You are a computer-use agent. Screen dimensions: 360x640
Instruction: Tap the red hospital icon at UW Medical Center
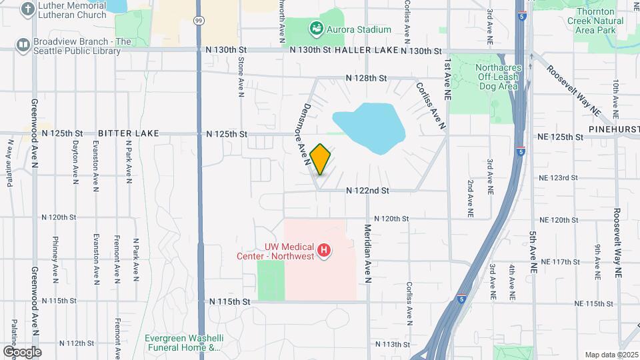[324, 251]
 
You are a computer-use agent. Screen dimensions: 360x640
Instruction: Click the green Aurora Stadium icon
[316, 29]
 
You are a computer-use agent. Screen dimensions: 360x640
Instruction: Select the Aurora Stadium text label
[359, 29]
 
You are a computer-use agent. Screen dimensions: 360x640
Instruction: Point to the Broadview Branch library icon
[23, 45]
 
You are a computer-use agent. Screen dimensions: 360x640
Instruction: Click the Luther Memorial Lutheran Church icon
[27, 9]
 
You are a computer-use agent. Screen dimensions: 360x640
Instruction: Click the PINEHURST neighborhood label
[613, 127]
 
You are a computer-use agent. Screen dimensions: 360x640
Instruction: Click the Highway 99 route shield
[199, 21]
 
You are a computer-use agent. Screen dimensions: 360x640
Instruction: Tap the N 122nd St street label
[367, 191]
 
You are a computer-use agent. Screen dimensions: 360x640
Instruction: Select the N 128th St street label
[366, 78]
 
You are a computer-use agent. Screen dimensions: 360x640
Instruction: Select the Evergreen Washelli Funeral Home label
[183, 343]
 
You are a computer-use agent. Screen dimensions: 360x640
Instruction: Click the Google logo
[22, 351]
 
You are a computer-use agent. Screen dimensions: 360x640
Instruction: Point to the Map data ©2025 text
[611, 355]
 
